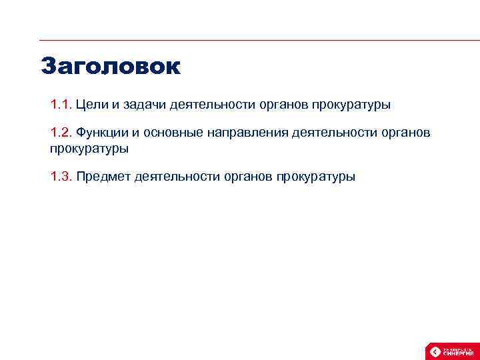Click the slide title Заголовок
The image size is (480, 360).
(110, 66)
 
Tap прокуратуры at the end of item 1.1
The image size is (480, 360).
(348, 105)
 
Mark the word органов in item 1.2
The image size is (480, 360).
(406, 133)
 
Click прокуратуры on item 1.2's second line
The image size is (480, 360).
(89, 149)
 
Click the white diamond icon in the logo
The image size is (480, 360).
(435, 351)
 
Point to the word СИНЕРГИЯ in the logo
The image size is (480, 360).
(458, 353)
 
